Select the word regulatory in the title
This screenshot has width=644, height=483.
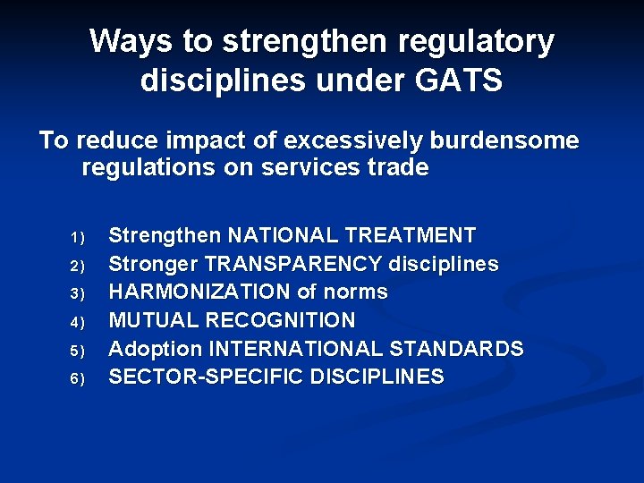point(479,41)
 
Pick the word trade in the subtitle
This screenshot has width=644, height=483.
point(396,167)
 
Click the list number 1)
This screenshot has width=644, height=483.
point(77,238)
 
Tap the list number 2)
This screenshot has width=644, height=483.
point(77,266)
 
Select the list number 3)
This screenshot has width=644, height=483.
point(77,293)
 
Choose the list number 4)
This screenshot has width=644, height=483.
point(77,321)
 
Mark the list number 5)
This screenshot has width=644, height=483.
point(77,350)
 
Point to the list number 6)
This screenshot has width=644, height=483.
point(77,377)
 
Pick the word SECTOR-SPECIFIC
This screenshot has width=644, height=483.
point(206,377)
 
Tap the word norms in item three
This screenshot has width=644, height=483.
point(357,292)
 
